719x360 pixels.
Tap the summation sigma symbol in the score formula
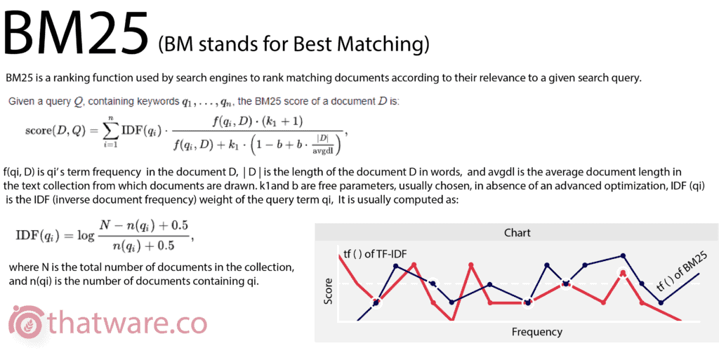coord(110,131)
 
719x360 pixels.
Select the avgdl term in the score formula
coord(323,151)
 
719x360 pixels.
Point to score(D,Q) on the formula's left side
coord(53,131)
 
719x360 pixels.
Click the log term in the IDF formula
coord(85,236)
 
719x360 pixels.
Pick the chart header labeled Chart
coord(517,233)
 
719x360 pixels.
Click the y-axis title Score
coord(329,291)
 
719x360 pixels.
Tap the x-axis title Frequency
coord(537,332)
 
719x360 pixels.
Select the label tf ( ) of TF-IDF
coord(375,254)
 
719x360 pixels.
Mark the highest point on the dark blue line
coord(623,256)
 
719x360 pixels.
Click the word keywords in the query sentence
coord(162,102)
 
